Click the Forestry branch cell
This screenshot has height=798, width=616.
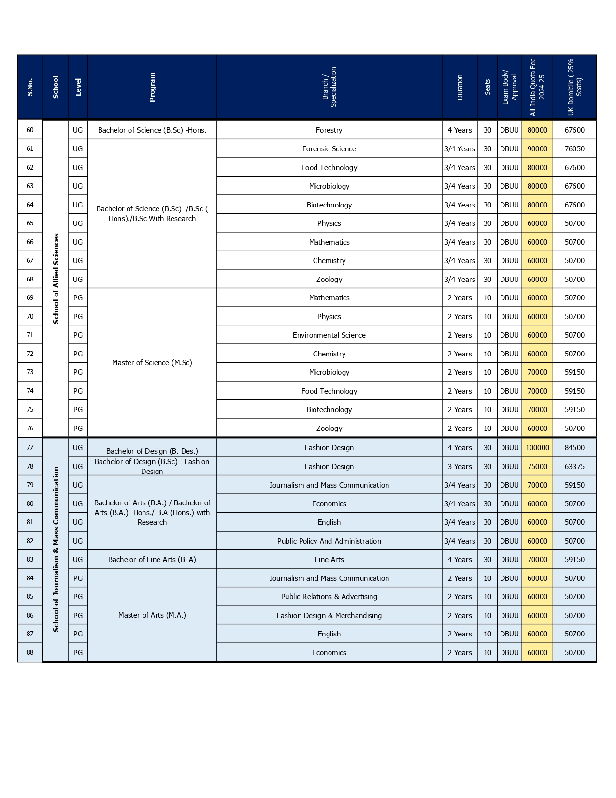click(x=329, y=130)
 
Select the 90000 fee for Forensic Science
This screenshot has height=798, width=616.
click(x=537, y=149)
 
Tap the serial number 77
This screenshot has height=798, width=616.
click(x=30, y=448)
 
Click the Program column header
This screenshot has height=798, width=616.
click(x=152, y=87)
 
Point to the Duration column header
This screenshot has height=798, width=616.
click(x=459, y=87)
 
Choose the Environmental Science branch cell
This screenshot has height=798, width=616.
click(x=329, y=335)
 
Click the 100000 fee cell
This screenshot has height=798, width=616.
click(x=537, y=448)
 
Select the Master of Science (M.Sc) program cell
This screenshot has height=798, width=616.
click(x=152, y=363)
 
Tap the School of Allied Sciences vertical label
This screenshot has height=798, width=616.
click(x=56, y=279)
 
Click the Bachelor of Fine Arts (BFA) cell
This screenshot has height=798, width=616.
click(x=152, y=560)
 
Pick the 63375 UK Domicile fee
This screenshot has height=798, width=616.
click(x=574, y=467)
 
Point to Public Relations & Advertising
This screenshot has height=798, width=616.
click(x=329, y=597)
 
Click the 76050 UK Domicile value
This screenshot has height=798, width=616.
click(x=574, y=149)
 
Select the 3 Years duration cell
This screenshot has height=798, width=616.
click(x=459, y=467)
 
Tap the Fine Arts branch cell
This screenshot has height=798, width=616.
click(x=329, y=560)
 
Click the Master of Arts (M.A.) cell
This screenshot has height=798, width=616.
click(x=152, y=615)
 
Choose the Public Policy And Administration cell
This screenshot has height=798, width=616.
click(x=329, y=541)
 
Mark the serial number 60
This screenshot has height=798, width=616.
click(x=30, y=130)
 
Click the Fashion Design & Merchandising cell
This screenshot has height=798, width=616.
click(x=329, y=616)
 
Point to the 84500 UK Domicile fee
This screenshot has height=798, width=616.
click(x=574, y=448)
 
